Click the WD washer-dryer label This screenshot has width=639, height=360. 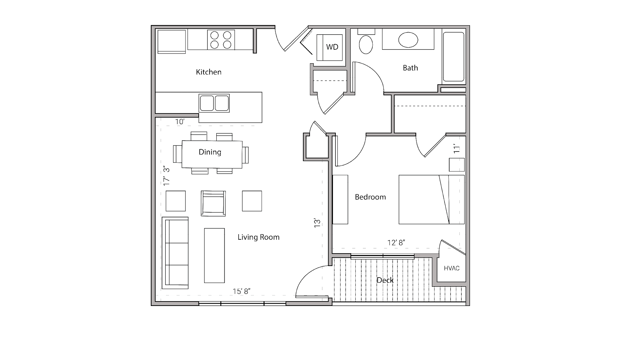point(332,47)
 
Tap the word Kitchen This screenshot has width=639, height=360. point(208,72)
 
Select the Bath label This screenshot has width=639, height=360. point(410,68)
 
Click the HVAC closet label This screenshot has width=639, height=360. point(451,268)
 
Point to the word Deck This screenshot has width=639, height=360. point(385,280)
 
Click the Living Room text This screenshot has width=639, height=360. point(258,237)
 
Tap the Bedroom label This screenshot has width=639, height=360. point(370,197)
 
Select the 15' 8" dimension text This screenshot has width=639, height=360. point(241,291)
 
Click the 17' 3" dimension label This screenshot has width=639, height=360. point(166,176)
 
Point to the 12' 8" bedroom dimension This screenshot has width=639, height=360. point(396,243)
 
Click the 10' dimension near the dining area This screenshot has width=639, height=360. point(180,121)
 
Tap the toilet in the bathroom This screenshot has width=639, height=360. point(366,44)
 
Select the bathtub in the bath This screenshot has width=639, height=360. point(453,57)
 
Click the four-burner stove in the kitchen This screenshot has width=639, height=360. point(221,40)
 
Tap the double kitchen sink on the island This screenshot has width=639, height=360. point(214,103)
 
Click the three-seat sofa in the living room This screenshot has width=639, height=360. point(175,253)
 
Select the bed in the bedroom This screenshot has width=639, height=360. point(431,199)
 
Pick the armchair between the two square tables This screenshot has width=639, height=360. point(213,203)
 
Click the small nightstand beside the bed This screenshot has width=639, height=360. point(457,165)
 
